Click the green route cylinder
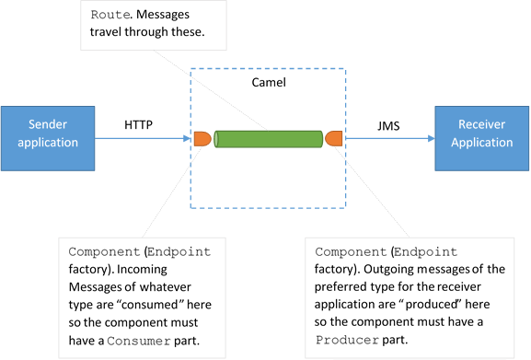[x=269, y=139]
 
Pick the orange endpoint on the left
[x=202, y=139]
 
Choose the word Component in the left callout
[x=104, y=252]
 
